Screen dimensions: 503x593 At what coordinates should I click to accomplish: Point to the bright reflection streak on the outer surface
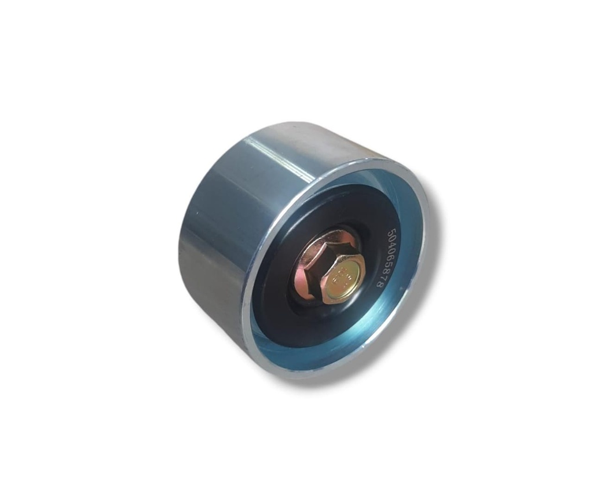[x=290, y=156]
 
